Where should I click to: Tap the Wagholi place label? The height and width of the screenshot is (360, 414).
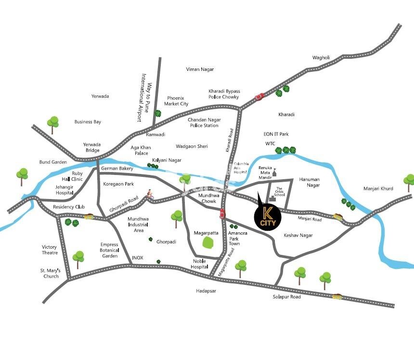click(x=321, y=58)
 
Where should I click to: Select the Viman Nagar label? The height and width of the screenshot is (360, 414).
click(x=200, y=69)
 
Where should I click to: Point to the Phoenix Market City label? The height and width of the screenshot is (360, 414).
click(x=176, y=101)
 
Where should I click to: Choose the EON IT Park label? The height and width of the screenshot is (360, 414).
click(x=276, y=134)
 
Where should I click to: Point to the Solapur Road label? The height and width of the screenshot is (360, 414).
click(x=286, y=297)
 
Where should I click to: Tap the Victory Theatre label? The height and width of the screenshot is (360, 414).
click(x=50, y=250)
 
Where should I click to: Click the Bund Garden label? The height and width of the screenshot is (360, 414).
click(x=53, y=162)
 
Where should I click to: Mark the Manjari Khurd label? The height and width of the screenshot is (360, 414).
click(x=378, y=188)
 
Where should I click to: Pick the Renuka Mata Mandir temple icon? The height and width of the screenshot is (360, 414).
click(x=275, y=172)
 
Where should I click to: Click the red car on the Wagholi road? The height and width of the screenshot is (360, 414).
click(x=259, y=96)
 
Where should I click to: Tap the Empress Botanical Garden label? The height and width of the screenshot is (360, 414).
click(x=109, y=250)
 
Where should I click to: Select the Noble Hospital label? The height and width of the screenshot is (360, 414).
click(x=199, y=264)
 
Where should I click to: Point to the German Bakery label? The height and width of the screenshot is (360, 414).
click(x=117, y=168)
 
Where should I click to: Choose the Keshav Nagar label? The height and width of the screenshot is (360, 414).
click(x=298, y=235)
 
